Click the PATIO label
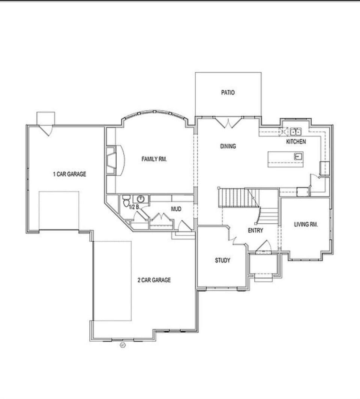tap(228, 92)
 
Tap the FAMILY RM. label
tap(154, 159)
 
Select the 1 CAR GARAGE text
tap(69, 174)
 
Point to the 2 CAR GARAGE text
tap(154, 280)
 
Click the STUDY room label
tap(222, 260)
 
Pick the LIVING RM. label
tap(306, 224)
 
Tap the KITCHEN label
tap(296, 142)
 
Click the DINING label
tap(228, 146)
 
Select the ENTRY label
tap(255, 230)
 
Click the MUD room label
tap(176, 209)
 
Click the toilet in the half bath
tap(126, 201)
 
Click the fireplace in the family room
tap(111, 160)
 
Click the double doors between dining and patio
tap(228, 122)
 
